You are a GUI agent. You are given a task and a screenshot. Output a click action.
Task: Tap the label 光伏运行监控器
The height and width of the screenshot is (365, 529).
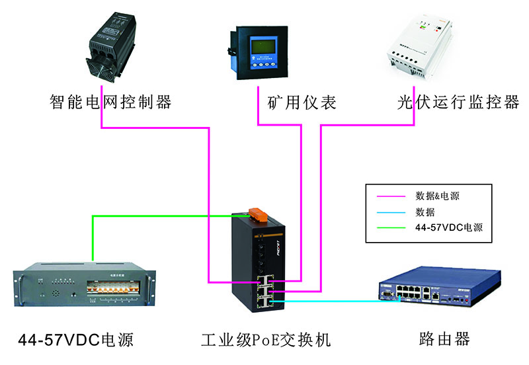(x=458, y=102)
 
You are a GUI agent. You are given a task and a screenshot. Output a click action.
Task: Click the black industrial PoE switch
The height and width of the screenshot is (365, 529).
(x=260, y=264)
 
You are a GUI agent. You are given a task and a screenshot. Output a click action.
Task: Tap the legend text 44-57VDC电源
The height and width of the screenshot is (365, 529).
(x=449, y=228)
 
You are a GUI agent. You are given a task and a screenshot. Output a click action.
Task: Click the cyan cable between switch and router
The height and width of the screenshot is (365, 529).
(x=331, y=302)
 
